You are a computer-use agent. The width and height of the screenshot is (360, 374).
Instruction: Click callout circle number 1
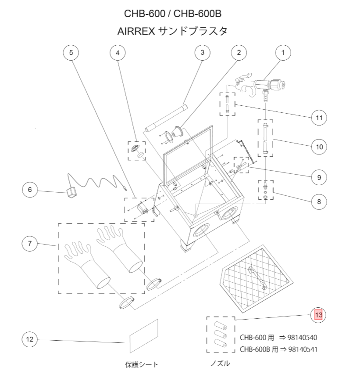pyautogui.click(x=283, y=53)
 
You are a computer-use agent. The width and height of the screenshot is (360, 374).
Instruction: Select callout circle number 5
pyautogui.click(x=71, y=53)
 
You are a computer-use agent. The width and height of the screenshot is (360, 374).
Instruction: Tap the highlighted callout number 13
pyautogui.click(x=319, y=315)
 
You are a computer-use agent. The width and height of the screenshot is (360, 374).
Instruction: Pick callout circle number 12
pyautogui.click(x=30, y=339)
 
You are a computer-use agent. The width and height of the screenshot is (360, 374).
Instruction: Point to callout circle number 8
pyautogui.click(x=319, y=202)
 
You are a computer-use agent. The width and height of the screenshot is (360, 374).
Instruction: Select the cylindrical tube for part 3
pyautogui.click(x=166, y=117)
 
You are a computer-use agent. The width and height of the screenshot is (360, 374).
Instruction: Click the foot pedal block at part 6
pyautogui.click(x=71, y=193)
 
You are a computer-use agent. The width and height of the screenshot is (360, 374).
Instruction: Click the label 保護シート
pyautogui.click(x=142, y=364)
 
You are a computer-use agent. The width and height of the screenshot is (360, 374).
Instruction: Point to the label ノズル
pyautogui.click(x=219, y=363)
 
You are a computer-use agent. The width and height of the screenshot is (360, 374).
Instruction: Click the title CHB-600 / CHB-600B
pyautogui.click(x=175, y=13)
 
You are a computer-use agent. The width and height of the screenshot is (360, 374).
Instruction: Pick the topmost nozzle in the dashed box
pyautogui.click(x=219, y=327)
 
